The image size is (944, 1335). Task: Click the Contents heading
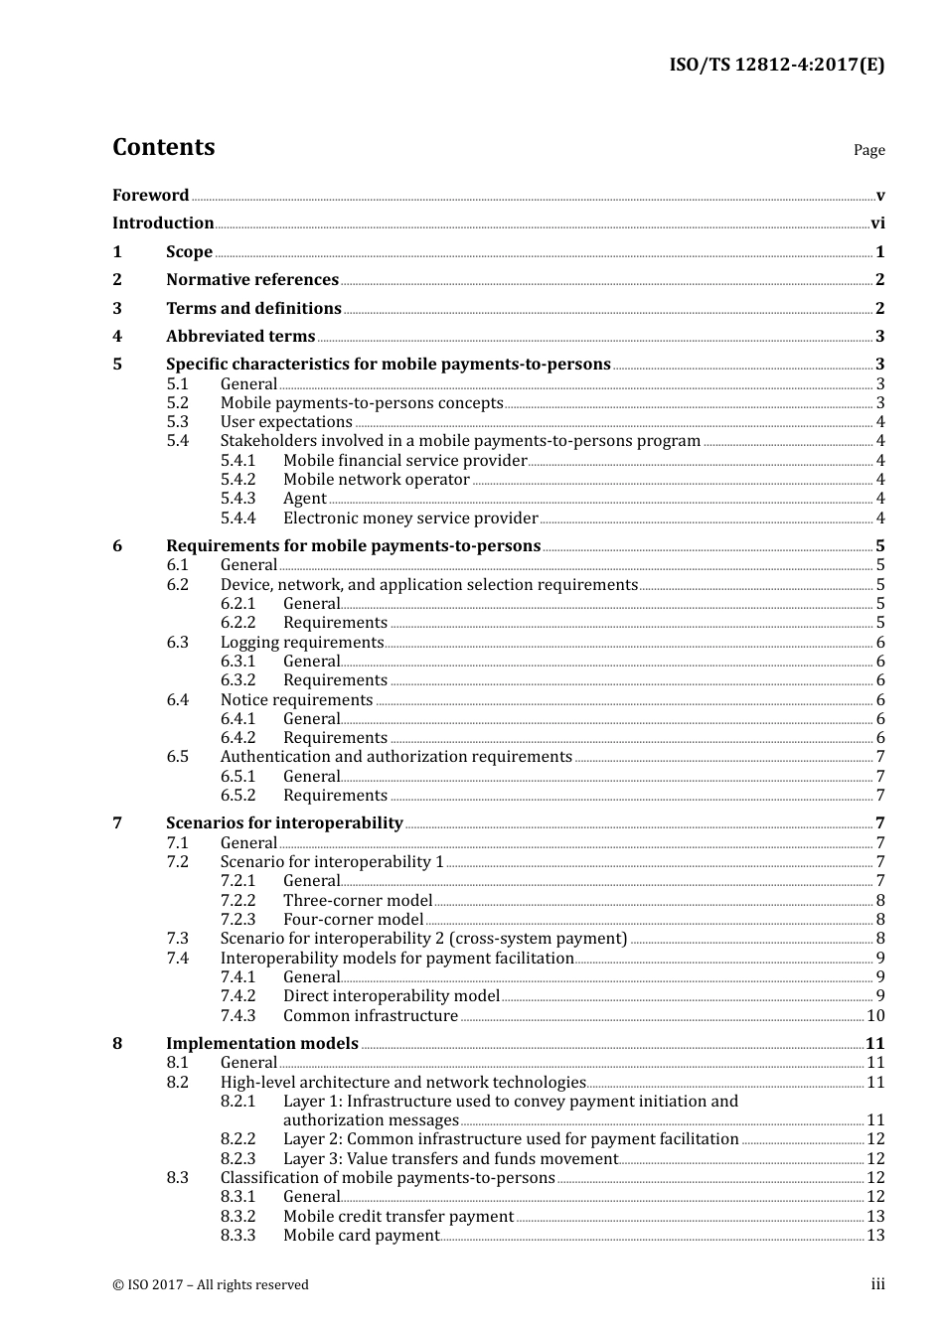(x=163, y=147)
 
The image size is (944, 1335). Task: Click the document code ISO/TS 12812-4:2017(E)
(x=776, y=66)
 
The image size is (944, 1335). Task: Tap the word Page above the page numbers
(x=868, y=150)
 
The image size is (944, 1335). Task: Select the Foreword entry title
(x=150, y=196)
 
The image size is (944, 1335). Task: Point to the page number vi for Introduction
(x=877, y=223)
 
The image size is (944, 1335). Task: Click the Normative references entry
(x=252, y=280)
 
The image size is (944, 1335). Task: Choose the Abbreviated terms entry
(x=240, y=337)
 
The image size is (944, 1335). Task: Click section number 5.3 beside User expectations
(x=177, y=422)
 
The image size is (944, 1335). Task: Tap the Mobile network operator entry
(x=376, y=480)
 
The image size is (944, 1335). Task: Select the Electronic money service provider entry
(x=410, y=519)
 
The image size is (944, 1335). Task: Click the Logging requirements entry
(x=301, y=643)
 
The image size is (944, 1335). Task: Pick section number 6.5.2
(x=237, y=796)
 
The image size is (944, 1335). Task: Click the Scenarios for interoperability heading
(x=284, y=823)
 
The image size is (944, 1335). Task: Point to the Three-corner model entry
(x=358, y=901)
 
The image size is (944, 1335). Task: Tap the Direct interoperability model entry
(x=392, y=996)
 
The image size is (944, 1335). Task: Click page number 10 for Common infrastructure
(x=875, y=1016)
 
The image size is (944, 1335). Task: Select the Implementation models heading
(x=262, y=1044)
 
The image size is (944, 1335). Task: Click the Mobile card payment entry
(x=361, y=1236)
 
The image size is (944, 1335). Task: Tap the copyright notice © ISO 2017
(x=211, y=1285)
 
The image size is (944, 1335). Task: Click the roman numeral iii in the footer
(x=877, y=1285)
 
